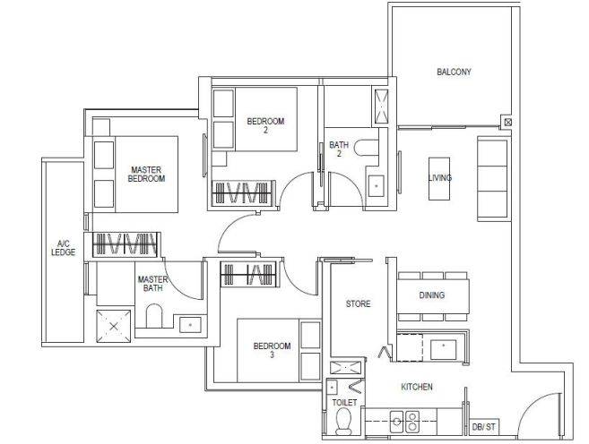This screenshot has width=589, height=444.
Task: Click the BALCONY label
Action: coord(454,72)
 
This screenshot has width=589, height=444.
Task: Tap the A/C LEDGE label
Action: coord(63,248)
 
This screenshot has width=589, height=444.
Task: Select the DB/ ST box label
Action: coord(483,427)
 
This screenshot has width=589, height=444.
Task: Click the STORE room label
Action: coord(358,303)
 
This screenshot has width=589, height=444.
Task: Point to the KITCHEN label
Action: coord(417,387)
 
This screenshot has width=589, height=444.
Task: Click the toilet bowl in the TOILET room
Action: coord(343,421)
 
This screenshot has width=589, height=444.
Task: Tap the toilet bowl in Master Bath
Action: coord(153,316)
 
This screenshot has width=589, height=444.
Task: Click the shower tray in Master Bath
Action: coord(114,326)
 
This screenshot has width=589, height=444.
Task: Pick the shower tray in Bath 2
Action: coord(382,107)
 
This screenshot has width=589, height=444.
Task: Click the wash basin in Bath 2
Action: coord(376,185)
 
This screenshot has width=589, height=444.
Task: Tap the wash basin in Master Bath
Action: coord(190,325)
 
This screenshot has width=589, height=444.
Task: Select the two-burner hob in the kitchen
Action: coord(404,422)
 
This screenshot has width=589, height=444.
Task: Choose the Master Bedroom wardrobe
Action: coord(125,244)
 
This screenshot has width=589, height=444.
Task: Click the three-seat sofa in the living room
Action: coord(493,178)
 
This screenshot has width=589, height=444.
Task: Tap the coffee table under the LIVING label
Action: coord(439,178)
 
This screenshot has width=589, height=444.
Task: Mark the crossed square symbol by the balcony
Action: coord(507,123)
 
